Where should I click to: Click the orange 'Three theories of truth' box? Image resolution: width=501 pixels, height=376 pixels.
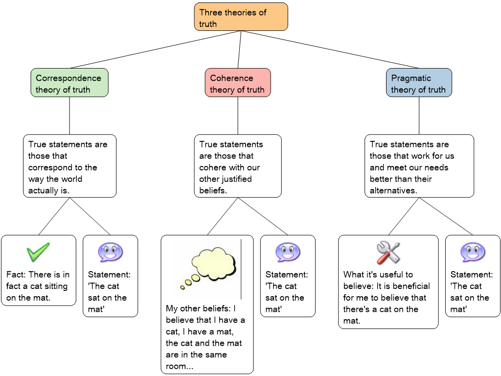click(x=241, y=17)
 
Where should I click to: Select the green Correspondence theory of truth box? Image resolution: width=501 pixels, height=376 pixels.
click(x=69, y=83)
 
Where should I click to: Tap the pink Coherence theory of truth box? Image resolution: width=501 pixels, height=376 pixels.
click(x=237, y=83)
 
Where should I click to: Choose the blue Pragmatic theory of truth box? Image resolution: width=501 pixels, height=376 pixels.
click(x=418, y=83)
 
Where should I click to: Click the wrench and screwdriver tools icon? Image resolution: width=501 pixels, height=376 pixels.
click(x=388, y=253)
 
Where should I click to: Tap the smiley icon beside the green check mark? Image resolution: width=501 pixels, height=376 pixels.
click(x=110, y=253)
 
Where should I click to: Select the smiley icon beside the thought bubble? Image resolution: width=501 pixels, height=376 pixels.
click(x=288, y=253)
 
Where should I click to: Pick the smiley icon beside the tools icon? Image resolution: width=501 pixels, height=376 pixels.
click(x=473, y=253)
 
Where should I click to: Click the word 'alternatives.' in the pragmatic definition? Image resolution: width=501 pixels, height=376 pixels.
click(x=393, y=190)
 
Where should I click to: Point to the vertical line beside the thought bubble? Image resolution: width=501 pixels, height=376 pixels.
click(x=241, y=269)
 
